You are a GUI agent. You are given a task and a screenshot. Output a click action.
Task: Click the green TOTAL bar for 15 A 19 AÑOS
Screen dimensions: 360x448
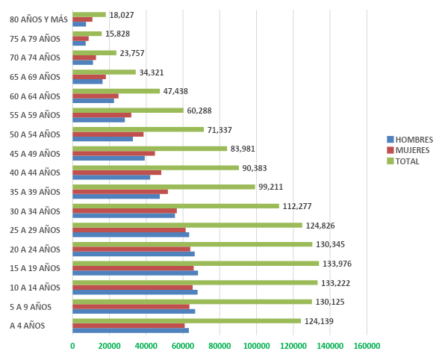[196, 263]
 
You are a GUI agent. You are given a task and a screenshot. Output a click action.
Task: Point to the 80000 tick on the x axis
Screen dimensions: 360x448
[220, 346]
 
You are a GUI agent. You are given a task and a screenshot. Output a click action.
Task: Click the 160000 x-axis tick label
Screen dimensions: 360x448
[367, 346]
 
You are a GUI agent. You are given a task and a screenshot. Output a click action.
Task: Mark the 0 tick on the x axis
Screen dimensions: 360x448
[72, 346]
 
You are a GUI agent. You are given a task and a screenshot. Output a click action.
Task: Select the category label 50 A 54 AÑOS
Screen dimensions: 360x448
[34, 134]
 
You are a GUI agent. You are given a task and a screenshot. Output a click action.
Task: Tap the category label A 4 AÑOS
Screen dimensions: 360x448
[27, 326]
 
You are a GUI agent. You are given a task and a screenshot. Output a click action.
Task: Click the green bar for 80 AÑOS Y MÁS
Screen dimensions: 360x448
[89, 14]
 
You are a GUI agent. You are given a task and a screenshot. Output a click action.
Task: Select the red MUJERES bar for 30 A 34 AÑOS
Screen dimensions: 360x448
[125, 211]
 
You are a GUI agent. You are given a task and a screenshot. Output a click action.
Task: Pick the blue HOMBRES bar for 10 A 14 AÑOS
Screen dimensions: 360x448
[134, 292]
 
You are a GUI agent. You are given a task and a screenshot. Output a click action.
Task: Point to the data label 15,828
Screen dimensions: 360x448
[118, 34]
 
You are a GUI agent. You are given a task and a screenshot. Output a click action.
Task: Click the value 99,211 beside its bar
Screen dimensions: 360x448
[271, 187]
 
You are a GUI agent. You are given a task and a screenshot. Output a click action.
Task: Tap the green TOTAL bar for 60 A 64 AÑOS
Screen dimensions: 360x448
[116, 91]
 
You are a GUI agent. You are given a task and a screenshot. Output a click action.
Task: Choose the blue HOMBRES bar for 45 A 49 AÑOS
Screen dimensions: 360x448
[108, 158]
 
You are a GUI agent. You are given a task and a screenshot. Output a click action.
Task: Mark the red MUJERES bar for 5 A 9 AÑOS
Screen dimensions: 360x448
[131, 306]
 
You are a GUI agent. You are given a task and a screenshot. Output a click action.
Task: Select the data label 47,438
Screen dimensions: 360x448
[175, 91]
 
